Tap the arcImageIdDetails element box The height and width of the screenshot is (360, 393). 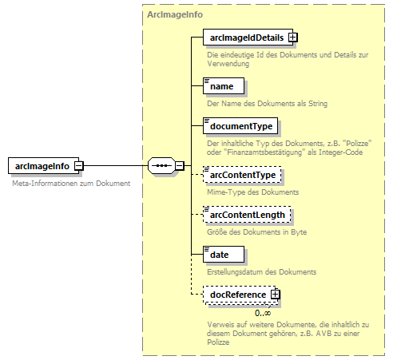(x=245, y=37)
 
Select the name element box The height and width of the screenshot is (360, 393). (x=220, y=85)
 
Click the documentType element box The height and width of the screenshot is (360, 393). (x=240, y=126)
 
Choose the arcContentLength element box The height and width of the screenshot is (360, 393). (x=248, y=215)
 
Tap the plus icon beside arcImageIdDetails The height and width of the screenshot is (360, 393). (x=293, y=37)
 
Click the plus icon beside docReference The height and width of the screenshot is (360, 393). (x=276, y=295)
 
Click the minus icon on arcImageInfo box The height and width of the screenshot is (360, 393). (x=79, y=165)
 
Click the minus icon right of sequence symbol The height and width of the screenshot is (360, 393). (x=180, y=165)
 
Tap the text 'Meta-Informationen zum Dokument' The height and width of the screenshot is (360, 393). (x=71, y=184)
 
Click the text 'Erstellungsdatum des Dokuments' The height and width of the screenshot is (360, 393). (x=261, y=272)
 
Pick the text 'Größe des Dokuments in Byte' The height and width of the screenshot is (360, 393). (x=256, y=232)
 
